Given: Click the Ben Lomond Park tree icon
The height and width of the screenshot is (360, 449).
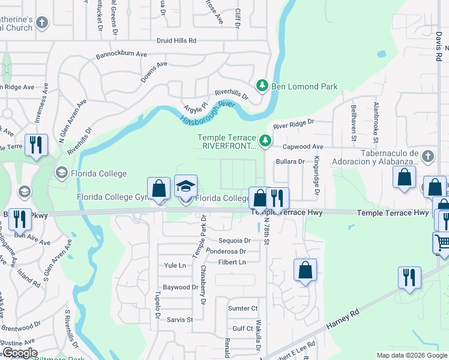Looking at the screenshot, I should pyautogui.click(x=262, y=86).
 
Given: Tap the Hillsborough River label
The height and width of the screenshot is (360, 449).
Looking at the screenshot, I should pyautogui.click(x=206, y=112).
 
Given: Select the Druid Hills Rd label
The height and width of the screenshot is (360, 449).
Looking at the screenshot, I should pyautogui.click(x=176, y=41).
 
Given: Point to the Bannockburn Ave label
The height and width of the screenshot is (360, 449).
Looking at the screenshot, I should pyautogui.click(x=121, y=55).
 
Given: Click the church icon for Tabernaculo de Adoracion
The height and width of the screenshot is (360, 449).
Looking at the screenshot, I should pyautogui.click(x=427, y=157).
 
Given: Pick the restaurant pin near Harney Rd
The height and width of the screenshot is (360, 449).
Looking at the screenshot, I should pyautogui.click(x=409, y=277).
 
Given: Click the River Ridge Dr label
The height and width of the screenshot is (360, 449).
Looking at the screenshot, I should pyautogui.click(x=294, y=123).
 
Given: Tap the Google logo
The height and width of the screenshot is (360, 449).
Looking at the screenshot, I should pyautogui.click(x=19, y=353).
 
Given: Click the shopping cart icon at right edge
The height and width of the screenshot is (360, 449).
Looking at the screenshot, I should pyautogui.click(x=442, y=242).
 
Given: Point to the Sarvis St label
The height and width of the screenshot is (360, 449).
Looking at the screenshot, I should pyautogui.click(x=179, y=320).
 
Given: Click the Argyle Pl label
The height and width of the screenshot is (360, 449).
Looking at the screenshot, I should pyautogui.click(x=196, y=106).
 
